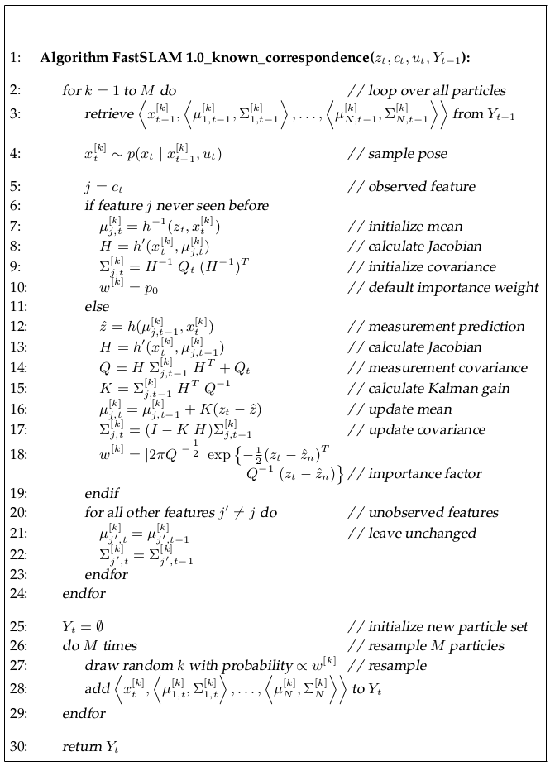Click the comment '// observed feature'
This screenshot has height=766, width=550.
(x=411, y=187)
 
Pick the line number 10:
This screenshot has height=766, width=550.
(x=18, y=288)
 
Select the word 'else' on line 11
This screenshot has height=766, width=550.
(x=97, y=307)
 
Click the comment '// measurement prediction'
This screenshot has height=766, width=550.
(x=436, y=326)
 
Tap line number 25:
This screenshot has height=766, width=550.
(x=18, y=626)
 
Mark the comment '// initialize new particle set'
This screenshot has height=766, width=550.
(x=438, y=626)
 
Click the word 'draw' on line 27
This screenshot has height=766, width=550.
(x=98, y=665)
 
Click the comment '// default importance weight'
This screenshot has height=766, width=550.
(x=443, y=288)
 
